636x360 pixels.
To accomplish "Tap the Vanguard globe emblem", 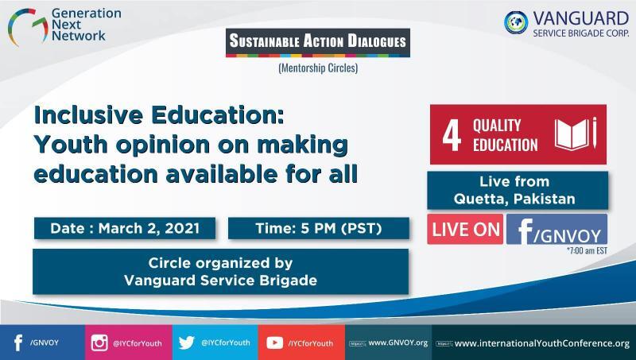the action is tap(516, 22).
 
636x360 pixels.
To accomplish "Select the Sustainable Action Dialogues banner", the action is tap(318, 42).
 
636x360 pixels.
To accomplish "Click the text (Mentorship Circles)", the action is tap(318, 68).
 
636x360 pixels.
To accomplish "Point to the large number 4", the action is tap(452, 135).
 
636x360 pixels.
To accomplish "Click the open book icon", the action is tap(572, 134).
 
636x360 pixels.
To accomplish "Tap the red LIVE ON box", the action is tap(465, 230).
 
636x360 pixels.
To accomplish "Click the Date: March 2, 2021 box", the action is tap(125, 228).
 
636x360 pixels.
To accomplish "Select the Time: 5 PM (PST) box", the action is tap(319, 228).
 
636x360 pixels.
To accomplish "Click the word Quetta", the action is tap(481, 199).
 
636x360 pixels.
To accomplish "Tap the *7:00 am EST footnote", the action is tap(587, 250).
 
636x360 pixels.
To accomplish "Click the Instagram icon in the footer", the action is tap(99, 343).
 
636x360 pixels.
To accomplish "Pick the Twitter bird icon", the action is tap(187, 343).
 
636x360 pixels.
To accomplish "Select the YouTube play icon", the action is tap(274, 343).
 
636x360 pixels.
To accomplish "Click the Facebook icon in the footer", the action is tap(18, 343).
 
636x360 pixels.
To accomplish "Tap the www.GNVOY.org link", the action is tap(398, 343).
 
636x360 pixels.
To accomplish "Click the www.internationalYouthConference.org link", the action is tap(542, 343).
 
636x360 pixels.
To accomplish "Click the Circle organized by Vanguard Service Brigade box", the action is tap(221, 272).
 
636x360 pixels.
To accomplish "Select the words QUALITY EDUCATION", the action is tap(505, 135).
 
